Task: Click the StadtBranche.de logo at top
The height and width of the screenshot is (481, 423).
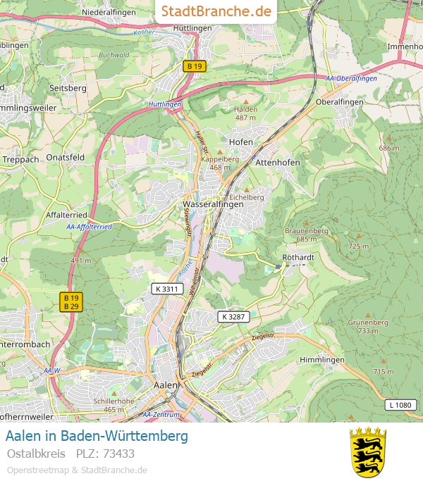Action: tap(216, 11)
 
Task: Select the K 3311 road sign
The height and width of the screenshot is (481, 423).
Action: tap(166, 289)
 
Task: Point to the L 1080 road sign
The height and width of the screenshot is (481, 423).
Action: tap(399, 405)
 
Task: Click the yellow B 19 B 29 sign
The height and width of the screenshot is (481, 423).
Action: tap(70, 302)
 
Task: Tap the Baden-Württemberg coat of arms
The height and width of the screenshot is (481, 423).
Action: tap(368, 451)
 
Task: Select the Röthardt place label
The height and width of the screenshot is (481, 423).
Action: tap(297, 257)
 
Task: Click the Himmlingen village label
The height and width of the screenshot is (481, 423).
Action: tap(322, 359)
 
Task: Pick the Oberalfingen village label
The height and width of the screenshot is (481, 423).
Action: tap(339, 101)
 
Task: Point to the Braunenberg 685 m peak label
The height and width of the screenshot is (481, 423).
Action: tap(306, 235)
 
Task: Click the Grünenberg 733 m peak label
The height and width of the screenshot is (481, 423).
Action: tap(368, 326)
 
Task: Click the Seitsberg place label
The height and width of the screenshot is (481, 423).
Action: tap(68, 88)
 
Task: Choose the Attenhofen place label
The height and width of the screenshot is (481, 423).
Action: tap(278, 162)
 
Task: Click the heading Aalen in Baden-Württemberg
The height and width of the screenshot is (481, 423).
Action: tap(97, 436)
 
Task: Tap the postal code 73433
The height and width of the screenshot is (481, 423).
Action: tap(118, 453)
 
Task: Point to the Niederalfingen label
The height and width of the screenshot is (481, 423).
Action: tap(109, 12)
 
